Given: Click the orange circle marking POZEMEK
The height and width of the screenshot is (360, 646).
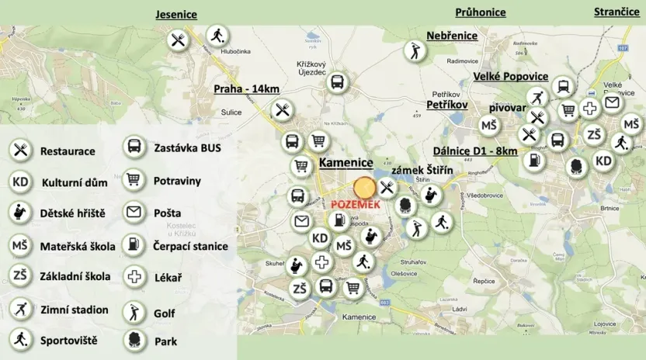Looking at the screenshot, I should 364,188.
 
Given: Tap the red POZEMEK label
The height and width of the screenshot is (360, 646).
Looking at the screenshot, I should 355,203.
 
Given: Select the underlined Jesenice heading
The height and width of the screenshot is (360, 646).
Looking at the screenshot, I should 176,15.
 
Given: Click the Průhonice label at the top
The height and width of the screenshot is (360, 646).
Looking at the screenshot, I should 480,12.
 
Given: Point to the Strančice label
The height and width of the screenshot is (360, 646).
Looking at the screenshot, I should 616,12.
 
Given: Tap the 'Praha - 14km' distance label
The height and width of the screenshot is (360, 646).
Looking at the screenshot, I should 246,88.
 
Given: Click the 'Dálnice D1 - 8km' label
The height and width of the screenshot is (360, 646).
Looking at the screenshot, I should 475,151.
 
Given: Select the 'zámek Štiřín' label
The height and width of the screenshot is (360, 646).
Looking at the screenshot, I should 422,170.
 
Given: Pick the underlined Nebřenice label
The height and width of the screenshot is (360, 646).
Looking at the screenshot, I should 452,36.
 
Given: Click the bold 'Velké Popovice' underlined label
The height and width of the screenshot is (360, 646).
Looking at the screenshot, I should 511,76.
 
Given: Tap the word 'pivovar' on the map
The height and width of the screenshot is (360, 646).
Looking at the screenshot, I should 508,108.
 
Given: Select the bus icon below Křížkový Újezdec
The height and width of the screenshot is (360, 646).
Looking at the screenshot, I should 337,82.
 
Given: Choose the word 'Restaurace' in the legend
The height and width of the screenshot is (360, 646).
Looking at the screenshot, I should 68,151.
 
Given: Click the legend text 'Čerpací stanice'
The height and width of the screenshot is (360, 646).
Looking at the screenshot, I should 191,246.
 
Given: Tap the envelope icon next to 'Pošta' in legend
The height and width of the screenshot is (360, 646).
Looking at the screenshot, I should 134,213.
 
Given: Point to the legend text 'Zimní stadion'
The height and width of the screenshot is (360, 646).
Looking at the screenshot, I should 75,310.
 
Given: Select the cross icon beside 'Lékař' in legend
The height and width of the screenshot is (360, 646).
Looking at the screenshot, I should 135,276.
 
